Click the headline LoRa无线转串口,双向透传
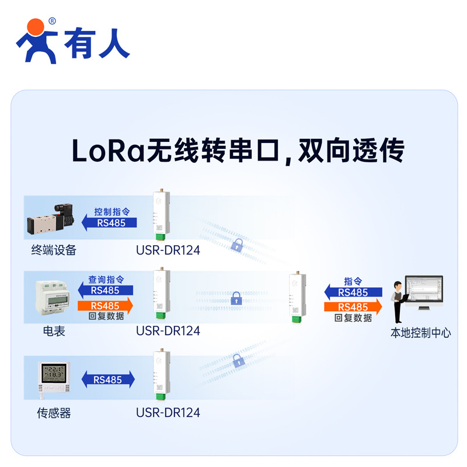coord(238,151)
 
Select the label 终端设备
coord(54,250)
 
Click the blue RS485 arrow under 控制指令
coord(109,222)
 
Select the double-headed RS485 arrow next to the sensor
coord(108,379)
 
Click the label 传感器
coord(54,413)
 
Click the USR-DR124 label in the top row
coord(168,250)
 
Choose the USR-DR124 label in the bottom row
coord(168,413)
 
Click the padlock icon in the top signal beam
coord(236,245)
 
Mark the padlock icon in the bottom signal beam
coord(238,360)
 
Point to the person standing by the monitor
coord(398,301)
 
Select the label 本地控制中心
coord(420,333)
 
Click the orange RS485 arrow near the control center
coord(354,307)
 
